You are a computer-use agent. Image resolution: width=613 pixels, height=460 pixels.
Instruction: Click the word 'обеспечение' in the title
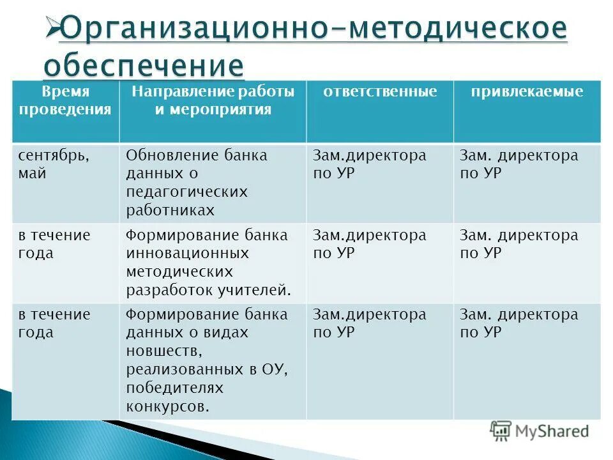point(144,65)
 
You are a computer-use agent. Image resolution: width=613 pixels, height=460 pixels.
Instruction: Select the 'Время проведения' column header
point(65,100)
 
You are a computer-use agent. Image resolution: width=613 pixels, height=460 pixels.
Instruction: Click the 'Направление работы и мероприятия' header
point(213,100)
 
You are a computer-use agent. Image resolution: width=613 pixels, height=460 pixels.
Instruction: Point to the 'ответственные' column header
point(380,92)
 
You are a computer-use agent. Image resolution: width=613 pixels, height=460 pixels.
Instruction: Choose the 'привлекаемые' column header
point(527,92)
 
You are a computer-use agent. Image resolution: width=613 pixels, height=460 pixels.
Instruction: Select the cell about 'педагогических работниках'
point(213,183)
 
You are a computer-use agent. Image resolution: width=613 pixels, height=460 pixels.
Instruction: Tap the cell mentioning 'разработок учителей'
point(213,263)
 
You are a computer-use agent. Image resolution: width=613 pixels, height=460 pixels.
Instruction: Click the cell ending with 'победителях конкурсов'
point(213,360)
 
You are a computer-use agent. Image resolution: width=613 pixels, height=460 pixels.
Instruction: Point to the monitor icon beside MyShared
point(501,431)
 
